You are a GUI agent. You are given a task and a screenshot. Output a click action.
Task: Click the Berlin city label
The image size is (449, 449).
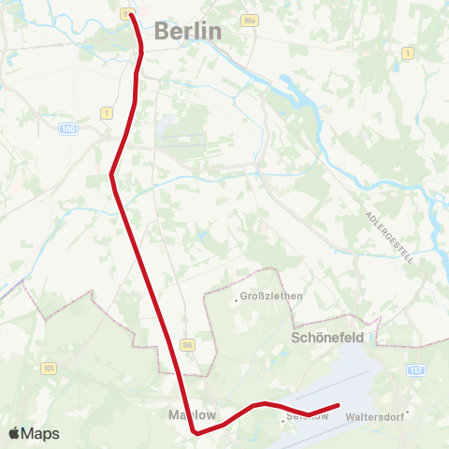point(188,31)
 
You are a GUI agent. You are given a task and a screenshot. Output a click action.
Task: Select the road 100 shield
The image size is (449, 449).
point(66,128)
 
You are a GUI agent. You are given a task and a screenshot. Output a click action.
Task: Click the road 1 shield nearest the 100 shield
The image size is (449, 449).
point(107,113)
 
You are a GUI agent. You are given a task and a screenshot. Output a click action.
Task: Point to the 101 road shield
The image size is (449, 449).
point(49,368)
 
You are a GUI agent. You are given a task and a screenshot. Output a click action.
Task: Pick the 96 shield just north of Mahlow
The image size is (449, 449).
point(188,344)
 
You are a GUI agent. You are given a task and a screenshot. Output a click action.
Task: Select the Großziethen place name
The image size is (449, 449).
point(271,297)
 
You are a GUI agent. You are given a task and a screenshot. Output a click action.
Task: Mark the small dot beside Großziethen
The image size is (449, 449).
point(236,299)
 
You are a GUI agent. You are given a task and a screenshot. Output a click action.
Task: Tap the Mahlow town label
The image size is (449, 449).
point(191,413)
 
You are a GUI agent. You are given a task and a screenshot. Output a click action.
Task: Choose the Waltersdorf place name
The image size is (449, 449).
point(374,416)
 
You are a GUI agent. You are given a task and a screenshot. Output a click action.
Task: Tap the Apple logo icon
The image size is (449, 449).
point(15,434)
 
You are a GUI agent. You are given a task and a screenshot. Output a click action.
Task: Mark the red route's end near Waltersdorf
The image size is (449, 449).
point(337,406)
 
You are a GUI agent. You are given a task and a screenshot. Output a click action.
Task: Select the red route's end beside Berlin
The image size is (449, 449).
point(130,15)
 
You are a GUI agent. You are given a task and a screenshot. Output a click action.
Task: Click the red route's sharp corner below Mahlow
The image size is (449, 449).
point(195,432)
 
